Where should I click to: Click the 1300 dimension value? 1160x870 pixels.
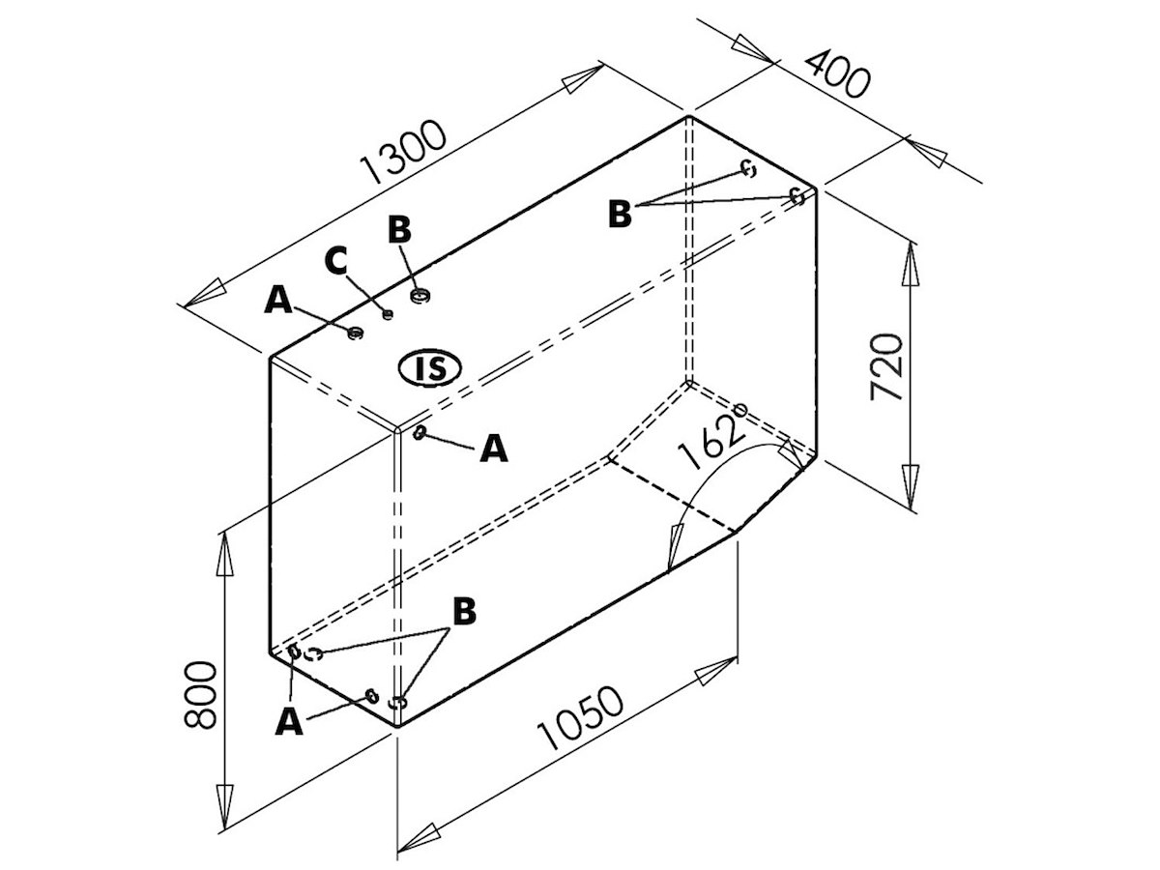click(x=403, y=153)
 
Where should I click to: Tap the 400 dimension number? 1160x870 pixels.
click(x=836, y=74)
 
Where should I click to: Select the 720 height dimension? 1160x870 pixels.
click(x=885, y=367)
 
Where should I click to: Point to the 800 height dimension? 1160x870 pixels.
click(x=200, y=695)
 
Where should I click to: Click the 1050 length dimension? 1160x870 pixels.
click(x=580, y=718)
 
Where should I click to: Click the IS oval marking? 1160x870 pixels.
click(x=429, y=368)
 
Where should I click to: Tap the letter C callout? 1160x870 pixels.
click(x=336, y=260)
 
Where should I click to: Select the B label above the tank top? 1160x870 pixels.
click(x=399, y=229)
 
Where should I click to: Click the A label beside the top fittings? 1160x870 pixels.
click(x=278, y=300)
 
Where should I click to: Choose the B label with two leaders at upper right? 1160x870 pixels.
click(x=620, y=214)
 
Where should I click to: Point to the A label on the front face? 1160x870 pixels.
click(x=494, y=449)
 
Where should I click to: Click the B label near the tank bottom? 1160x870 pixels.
click(x=465, y=611)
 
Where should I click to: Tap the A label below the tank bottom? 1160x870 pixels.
click(x=289, y=721)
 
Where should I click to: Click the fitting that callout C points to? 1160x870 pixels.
click(x=388, y=315)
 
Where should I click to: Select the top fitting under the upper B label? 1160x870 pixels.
click(x=420, y=295)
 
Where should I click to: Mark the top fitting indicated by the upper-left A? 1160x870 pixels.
click(x=355, y=333)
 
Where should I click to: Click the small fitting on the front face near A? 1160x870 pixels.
click(x=420, y=433)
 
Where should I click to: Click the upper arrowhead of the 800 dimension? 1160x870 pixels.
click(x=225, y=555)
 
